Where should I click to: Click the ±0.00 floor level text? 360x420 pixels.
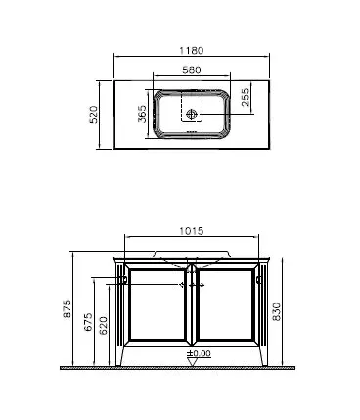pos(200,352)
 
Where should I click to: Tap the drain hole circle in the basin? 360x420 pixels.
pos(192,113)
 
